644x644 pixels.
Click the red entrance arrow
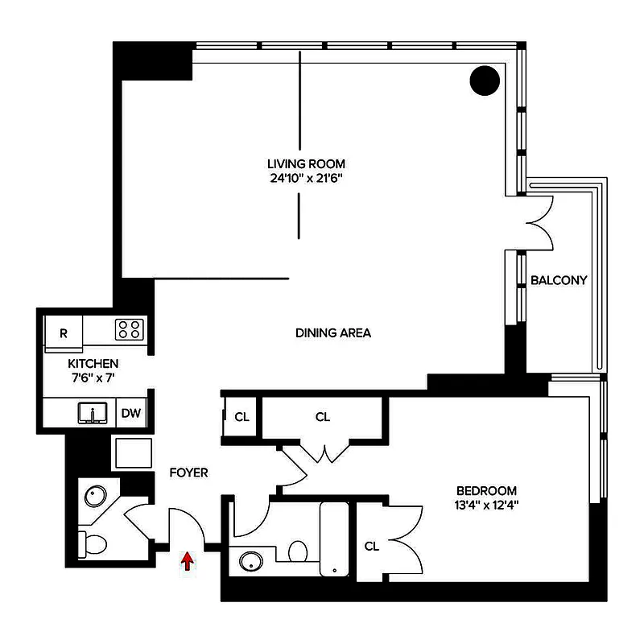pos(188,561)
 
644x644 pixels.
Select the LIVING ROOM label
pos(307,164)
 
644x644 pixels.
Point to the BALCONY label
pos(559,281)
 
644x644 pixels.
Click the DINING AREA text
pos(333,332)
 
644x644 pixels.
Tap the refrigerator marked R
pos(64,330)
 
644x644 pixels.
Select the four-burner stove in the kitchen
pos(129,328)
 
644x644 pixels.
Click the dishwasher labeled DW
pos(131,414)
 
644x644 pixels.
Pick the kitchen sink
pos(93,414)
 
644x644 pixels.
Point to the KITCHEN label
pos(93,364)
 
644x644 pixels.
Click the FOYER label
pos(188,473)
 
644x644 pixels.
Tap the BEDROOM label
pos(486,490)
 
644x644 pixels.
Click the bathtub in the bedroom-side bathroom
pos(333,539)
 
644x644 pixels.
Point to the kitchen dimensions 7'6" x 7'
pos(93,378)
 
